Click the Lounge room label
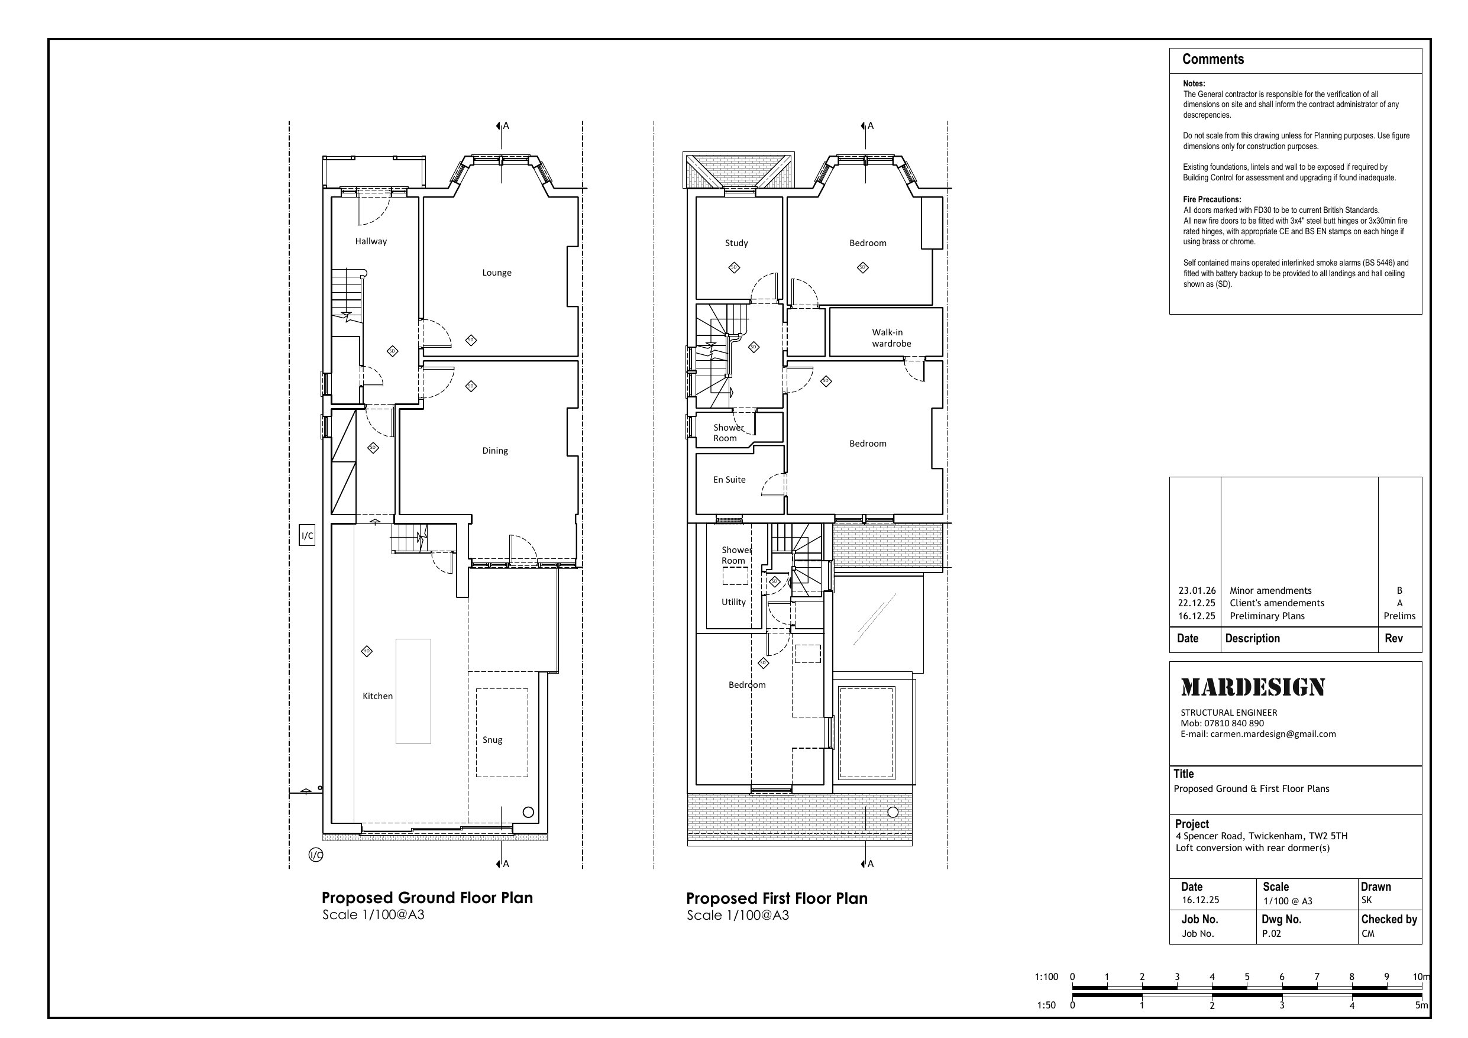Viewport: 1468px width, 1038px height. click(x=497, y=273)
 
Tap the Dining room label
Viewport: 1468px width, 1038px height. click(x=495, y=450)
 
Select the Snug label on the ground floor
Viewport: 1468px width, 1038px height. click(x=492, y=740)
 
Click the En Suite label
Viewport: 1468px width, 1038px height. click(x=729, y=479)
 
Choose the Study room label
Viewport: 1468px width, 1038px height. click(x=736, y=243)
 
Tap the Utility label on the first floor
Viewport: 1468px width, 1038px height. click(x=733, y=602)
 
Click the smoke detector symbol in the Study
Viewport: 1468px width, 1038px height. click(x=734, y=267)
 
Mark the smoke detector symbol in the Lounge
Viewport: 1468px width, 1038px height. click(x=471, y=340)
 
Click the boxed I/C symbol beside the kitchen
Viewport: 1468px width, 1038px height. click(x=307, y=535)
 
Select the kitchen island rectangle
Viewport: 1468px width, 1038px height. click(x=413, y=691)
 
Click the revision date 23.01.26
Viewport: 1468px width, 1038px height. click(x=1197, y=591)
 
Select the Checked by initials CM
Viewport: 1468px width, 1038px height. click(x=1367, y=933)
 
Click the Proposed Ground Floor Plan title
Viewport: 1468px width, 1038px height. click(x=427, y=898)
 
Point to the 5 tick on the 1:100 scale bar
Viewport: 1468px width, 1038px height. click(x=1247, y=976)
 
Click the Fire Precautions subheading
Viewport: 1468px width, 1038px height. click(x=1212, y=199)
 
